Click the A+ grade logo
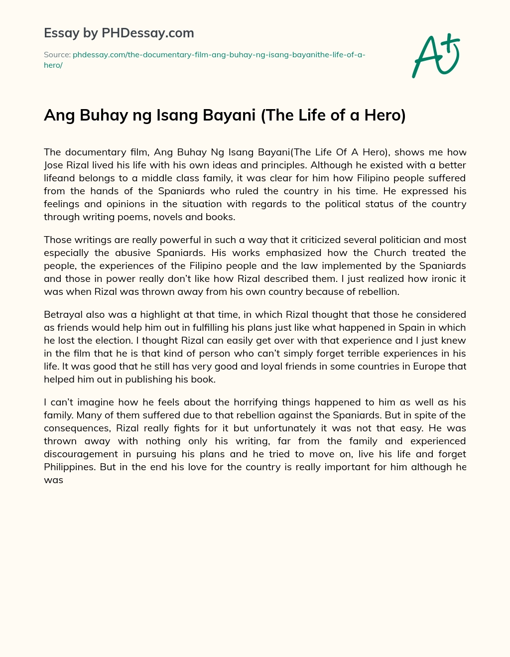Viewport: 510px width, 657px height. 436,55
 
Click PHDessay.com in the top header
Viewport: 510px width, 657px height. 148,33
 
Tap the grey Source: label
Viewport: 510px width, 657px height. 57,55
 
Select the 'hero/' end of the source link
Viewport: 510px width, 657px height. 53,65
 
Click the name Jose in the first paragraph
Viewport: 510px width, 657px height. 54,165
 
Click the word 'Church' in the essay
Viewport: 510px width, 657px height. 390,253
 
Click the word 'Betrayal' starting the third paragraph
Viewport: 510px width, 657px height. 63,314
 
